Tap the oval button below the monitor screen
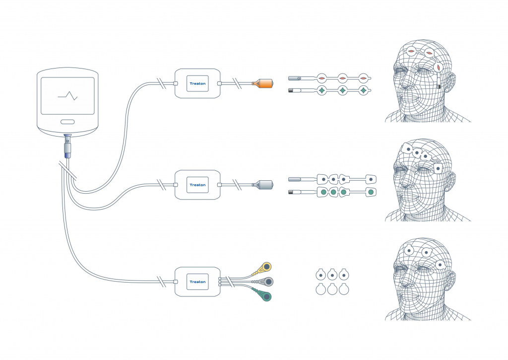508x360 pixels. click(67, 122)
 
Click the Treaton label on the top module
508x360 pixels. click(197, 84)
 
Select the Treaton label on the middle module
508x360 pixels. click(197, 185)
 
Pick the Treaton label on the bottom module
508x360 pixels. click(197, 282)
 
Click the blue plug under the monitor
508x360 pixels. click(67, 155)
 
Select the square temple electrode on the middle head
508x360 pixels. click(438, 169)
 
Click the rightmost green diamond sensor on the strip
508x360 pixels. click(364, 90)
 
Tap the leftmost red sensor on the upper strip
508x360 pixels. click(321, 78)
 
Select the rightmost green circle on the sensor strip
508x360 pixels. click(370, 192)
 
